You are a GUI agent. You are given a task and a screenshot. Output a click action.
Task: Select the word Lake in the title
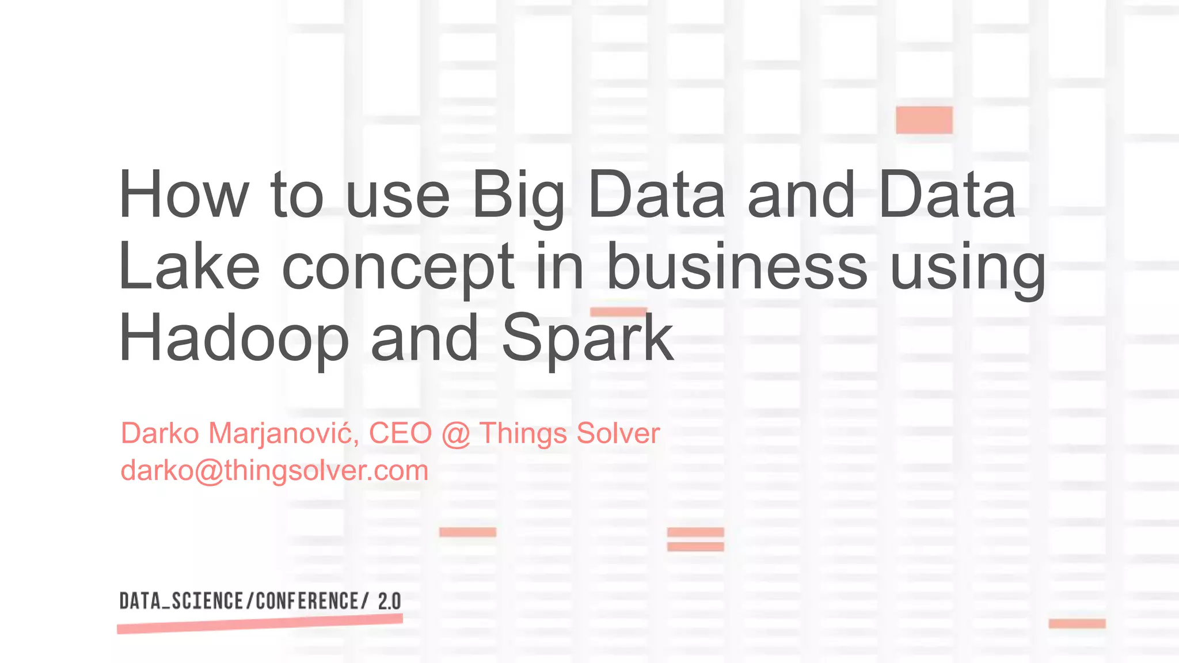point(189,266)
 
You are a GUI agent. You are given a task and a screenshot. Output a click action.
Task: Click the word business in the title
point(737,266)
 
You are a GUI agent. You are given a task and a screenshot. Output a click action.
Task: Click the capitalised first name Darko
point(160,433)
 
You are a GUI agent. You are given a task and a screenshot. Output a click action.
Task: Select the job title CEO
point(400,433)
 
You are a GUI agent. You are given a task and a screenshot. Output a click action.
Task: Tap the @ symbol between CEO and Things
point(456,434)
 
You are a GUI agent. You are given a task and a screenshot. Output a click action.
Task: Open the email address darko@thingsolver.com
point(275,471)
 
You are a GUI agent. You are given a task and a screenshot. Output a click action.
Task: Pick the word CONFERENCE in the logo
point(309,601)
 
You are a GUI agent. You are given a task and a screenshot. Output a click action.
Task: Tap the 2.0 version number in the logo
point(389,601)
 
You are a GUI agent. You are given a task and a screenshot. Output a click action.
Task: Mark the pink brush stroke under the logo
point(260,623)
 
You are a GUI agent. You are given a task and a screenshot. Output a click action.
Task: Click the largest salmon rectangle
point(924,120)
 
